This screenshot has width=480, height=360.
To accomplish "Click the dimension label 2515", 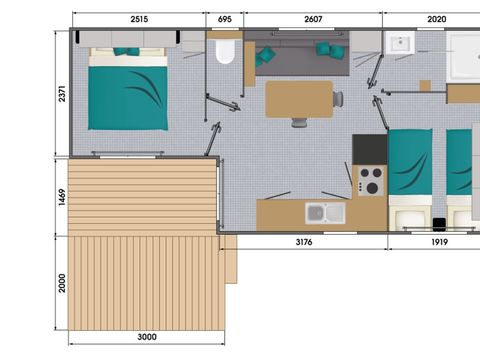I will tap(139, 18).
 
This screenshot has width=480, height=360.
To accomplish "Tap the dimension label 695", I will tap(224, 18).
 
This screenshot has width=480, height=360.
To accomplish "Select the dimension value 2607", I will tap(313, 18).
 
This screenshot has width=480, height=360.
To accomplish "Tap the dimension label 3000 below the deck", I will tap(146, 337).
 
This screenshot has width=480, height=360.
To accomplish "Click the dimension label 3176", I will tap(303, 241).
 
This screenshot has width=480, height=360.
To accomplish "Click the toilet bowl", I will tap(224, 51).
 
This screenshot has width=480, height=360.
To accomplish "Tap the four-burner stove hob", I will tap(370, 181).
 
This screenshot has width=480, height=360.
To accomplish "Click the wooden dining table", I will tap(299, 98).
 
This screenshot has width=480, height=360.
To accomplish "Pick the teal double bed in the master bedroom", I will tap(127, 89).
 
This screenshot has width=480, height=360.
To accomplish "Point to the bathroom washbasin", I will tap(403, 44).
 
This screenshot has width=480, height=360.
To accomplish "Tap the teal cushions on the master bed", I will tap(126, 51).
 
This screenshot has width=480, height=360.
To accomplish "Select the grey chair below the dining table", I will tap(299, 123).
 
